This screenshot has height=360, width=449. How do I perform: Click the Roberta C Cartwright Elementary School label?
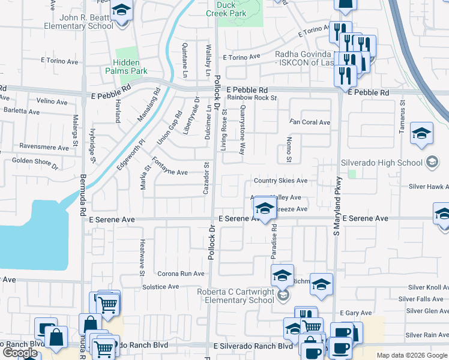(235, 296)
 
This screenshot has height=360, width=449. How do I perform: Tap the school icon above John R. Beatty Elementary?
(122, 11)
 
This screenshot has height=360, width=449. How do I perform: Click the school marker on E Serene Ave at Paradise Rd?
(263, 209)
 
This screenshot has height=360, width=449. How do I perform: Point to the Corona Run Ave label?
(181, 274)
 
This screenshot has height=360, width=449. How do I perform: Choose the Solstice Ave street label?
(161, 287)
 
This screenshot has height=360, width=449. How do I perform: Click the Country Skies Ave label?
(280, 181)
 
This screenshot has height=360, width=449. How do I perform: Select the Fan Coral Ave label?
(310, 122)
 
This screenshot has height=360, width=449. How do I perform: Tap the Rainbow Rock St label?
(252, 97)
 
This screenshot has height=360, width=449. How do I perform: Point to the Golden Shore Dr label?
(34, 162)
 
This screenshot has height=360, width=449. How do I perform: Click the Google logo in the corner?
(20, 353)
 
